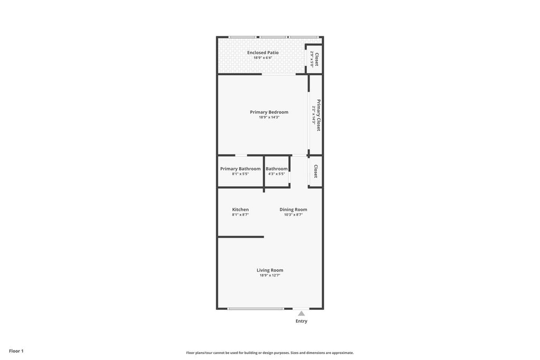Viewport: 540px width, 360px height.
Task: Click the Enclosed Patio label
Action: click(263, 53)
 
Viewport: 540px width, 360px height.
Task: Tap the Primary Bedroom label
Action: click(269, 112)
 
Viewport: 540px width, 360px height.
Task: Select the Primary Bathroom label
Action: click(240, 169)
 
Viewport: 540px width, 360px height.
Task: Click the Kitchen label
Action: click(240, 210)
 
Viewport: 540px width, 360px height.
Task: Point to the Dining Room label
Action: click(293, 210)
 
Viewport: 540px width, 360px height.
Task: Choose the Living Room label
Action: click(269, 270)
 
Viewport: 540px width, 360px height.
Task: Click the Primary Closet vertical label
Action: click(319, 115)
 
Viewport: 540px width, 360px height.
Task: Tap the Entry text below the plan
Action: click(301, 321)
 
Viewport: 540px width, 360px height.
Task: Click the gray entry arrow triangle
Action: click(301, 314)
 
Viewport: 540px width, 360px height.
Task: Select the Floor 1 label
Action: click(16, 351)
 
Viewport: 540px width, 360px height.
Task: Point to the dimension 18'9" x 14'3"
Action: click(269, 118)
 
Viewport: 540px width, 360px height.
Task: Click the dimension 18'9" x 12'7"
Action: click(269, 275)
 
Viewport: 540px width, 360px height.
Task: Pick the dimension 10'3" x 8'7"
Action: click(293, 215)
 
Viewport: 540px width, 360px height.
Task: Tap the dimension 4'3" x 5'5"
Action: click(276, 174)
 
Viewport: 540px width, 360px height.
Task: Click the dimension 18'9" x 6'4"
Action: click(263, 57)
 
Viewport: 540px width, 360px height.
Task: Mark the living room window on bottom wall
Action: click(256, 308)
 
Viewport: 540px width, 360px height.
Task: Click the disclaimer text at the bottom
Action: click(269, 353)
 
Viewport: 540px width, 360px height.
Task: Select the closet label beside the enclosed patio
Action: click(316, 59)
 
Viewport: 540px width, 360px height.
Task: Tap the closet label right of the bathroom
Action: click(316, 171)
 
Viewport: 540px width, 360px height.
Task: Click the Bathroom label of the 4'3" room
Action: click(276, 169)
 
